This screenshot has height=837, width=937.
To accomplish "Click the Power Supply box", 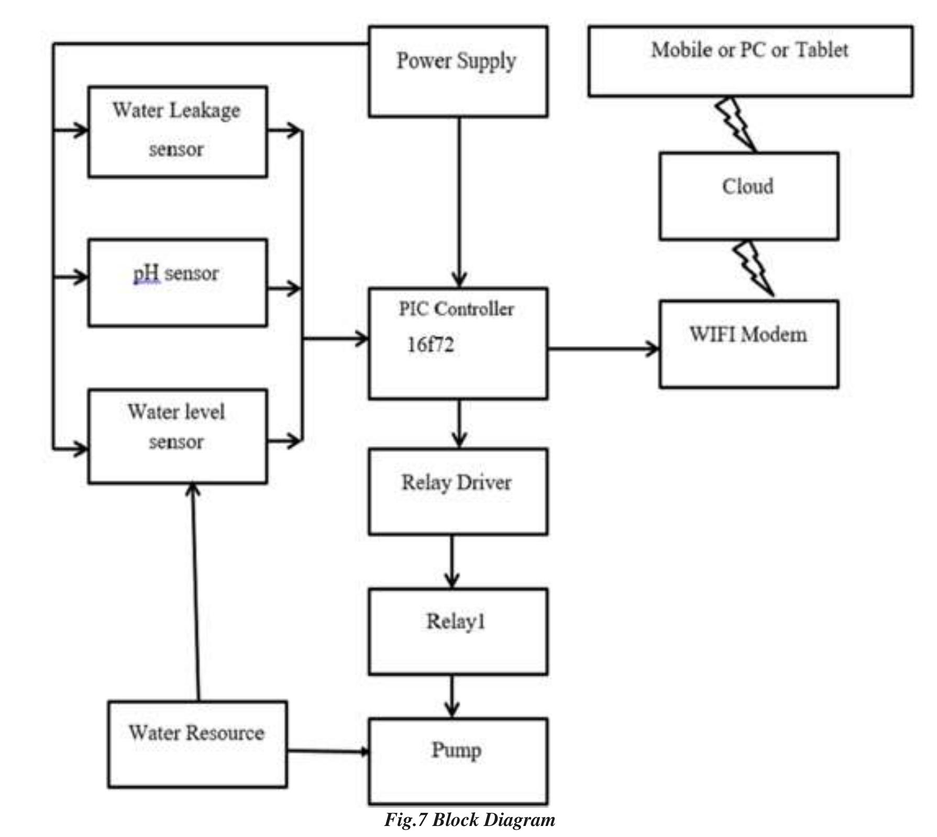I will tap(458, 72).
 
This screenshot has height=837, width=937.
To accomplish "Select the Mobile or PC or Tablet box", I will tap(749, 61).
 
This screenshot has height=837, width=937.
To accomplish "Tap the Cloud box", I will tap(748, 196).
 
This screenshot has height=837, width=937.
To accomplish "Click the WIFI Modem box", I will tap(748, 344).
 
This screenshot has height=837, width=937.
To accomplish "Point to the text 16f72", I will tap(431, 345).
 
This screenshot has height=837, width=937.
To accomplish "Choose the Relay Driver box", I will tap(458, 491).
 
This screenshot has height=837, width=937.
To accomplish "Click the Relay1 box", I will tap(458, 631).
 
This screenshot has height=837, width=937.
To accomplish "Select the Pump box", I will tap(458, 761).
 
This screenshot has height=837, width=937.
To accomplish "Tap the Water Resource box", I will tap(197, 744).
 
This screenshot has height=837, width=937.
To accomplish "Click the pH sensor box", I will tap(178, 282).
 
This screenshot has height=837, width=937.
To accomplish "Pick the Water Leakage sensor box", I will tap(178, 132).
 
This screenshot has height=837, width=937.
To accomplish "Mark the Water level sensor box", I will tap(178, 436).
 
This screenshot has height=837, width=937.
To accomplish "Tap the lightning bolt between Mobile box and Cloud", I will tap(736, 124).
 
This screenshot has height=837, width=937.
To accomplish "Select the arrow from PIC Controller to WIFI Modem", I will tap(602, 348).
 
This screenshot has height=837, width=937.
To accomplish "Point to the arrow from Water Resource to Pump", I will tap(327, 752).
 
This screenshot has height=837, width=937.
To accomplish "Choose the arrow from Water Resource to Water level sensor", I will tap(196, 592).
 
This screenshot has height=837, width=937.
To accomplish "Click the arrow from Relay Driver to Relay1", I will tap(452, 561).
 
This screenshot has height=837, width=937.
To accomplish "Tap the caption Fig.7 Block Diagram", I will tap(469, 820).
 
